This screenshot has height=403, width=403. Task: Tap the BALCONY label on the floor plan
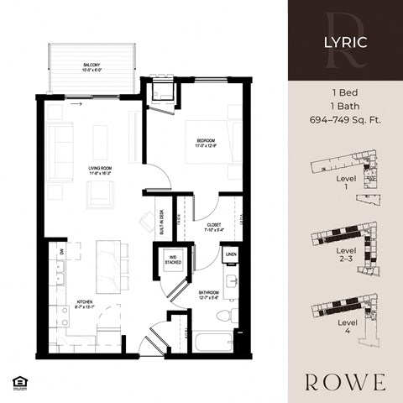pyautogui.click(x=92, y=64)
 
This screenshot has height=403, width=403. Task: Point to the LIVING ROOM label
pyautogui.click(x=102, y=170)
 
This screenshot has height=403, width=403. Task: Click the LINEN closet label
pyautogui.click(x=231, y=253)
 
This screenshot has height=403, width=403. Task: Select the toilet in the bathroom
pyautogui.click(x=224, y=315)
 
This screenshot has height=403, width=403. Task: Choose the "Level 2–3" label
pyautogui.click(x=345, y=254)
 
